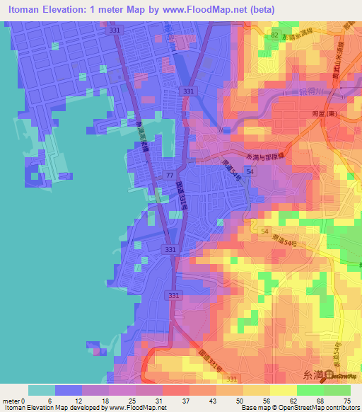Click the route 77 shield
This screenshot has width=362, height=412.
pyautogui.click(x=170, y=174)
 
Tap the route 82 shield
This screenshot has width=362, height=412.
pyautogui.click(x=274, y=34)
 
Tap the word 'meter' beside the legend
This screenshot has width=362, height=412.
pyautogui.click(x=11, y=400)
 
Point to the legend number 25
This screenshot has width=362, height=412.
pyautogui.click(x=136, y=400)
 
